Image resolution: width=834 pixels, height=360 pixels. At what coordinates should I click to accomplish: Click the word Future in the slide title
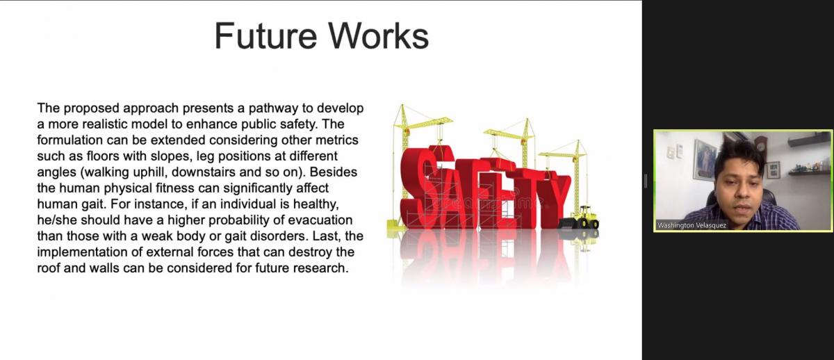pos(265,35)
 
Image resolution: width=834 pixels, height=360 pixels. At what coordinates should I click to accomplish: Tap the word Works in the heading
pos(378,35)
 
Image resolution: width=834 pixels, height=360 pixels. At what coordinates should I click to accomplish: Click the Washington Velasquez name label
pos(692,225)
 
